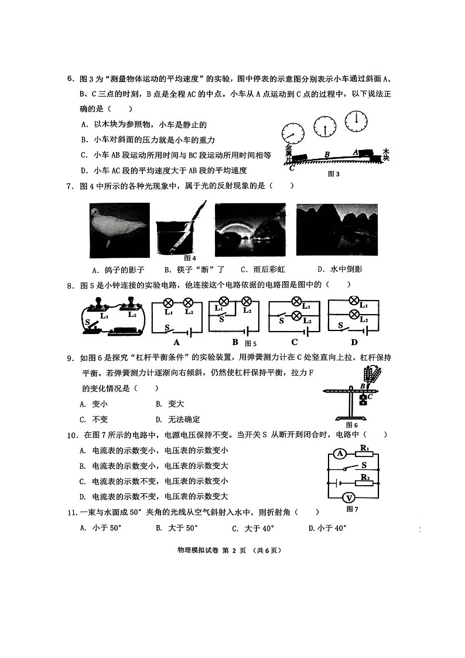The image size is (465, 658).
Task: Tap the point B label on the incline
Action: (327, 153)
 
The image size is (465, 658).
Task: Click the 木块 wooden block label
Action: (386, 155)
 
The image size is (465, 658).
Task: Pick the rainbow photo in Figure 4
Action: (250, 230)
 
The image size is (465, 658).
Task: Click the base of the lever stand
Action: (351, 418)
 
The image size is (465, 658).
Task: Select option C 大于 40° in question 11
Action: (253, 529)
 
